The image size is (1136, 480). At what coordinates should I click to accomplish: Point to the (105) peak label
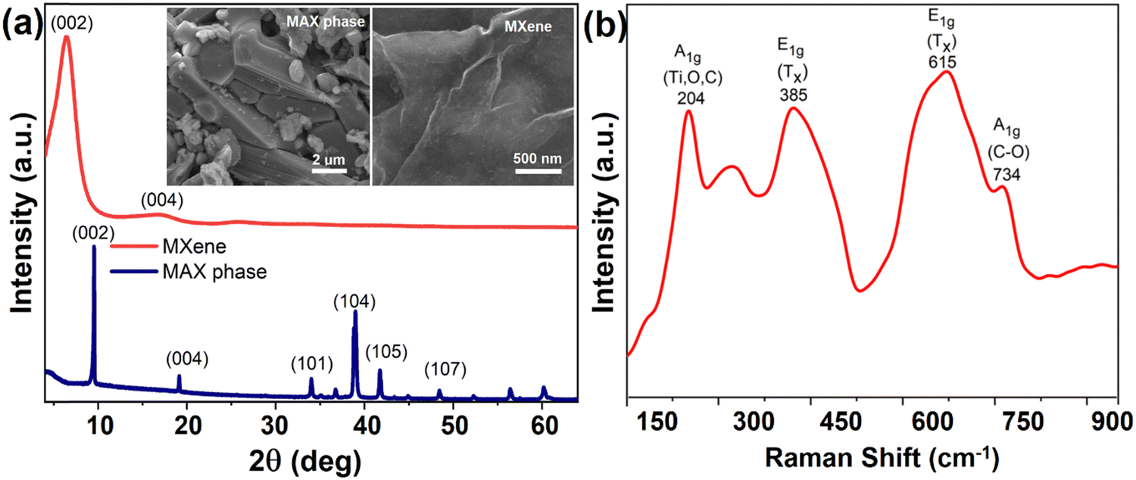coord(386,352)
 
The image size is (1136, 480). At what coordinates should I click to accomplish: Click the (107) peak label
coord(445,370)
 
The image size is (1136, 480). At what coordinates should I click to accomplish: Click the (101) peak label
coord(312,364)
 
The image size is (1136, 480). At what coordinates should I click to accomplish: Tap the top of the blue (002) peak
coord(94,246)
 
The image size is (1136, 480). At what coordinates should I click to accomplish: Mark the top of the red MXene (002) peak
coord(66,36)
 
